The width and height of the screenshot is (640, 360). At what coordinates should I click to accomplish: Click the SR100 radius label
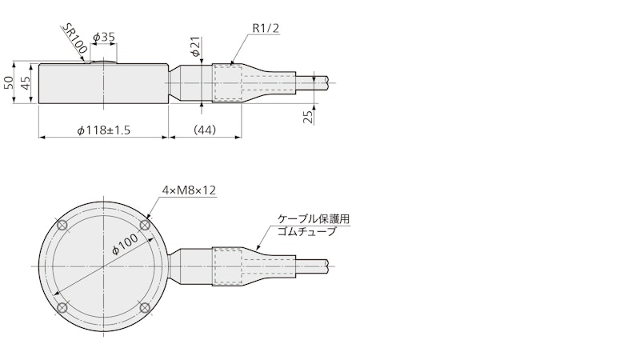point(74,38)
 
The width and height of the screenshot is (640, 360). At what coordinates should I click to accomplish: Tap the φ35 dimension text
point(104,37)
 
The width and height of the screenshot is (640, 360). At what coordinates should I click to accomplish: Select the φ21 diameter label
point(196,46)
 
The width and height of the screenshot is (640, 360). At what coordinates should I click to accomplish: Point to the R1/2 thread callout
point(266,28)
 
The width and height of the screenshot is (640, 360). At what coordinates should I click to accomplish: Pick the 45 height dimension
point(26,83)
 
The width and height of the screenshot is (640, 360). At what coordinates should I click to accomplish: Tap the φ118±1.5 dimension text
point(104,130)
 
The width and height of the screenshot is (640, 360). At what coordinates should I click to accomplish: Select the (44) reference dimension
point(205,130)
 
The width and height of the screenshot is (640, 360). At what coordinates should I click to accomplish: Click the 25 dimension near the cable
point(309,116)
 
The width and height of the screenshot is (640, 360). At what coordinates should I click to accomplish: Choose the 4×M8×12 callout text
point(189,190)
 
